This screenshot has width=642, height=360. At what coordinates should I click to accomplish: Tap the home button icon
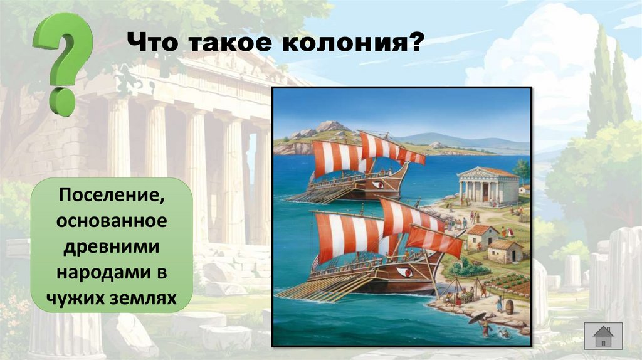pyautogui.click(x=603, y=336)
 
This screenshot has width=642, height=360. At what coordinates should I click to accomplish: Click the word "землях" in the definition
pyautogui.click(x=140, y=297)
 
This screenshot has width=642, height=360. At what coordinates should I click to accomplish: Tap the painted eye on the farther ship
pyautogui.click(x=377, y=184)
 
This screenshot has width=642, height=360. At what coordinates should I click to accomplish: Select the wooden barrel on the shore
pyautogui.click(x=509, y=307)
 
